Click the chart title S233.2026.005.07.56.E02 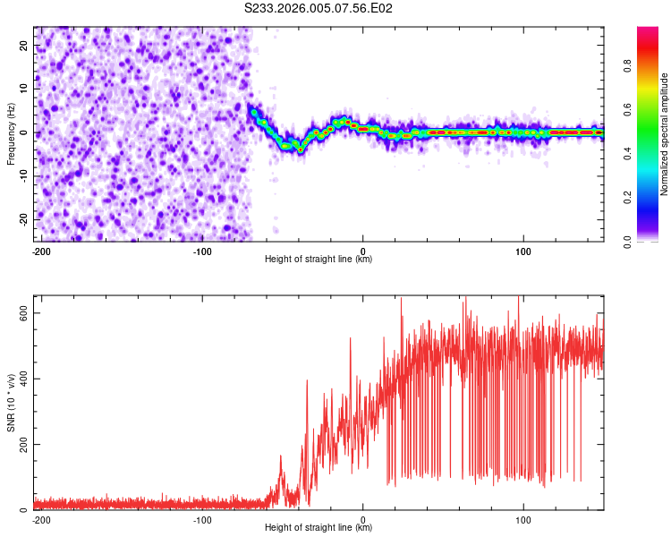319,8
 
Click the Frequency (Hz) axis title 11,134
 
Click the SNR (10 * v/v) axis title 11,408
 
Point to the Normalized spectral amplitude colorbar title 665,134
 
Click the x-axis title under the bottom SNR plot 319,528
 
